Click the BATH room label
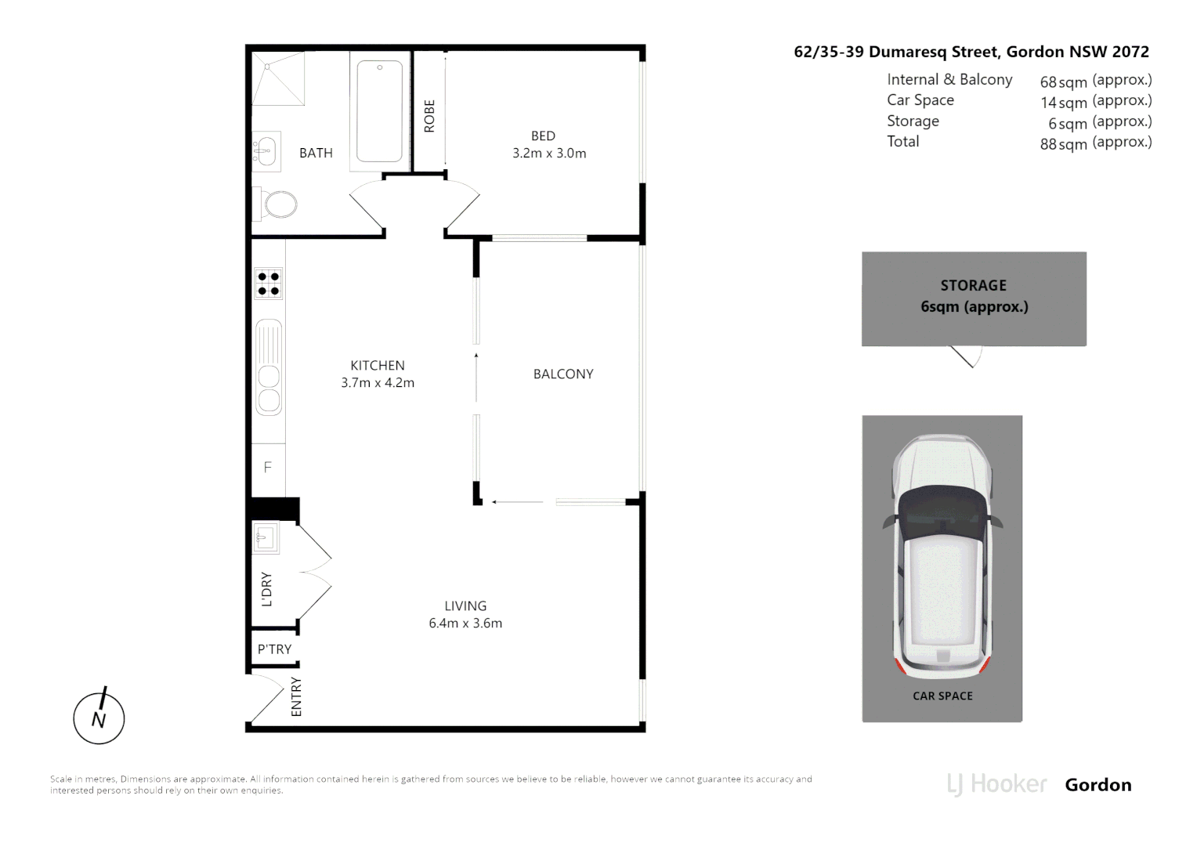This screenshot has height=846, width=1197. click(x=316, y=153)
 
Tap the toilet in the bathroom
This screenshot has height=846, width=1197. click(x=279, y=206)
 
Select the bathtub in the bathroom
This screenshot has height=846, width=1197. click(x=380, y=110)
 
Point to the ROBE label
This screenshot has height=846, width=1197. click(x=429, y=116)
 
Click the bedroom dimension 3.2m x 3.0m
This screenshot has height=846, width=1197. click(x=549, y=154)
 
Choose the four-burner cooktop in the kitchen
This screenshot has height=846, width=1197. click(x=268, y=284)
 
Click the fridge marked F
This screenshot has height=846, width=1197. click(x=268, y=468)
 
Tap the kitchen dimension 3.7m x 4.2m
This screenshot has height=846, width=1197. click(x=378, y=383)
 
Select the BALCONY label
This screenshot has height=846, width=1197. click(x=563, y=374)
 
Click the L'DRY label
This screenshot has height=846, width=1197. click(x=267, y=590)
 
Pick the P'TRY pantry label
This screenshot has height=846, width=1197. click(x=274, y=649)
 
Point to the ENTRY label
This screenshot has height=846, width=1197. click(x=296, y=696)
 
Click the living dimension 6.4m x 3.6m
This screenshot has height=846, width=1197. click(x=465, y=624)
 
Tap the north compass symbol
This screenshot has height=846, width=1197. click(x=99, y=718)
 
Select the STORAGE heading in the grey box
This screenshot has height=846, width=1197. click(x=973, y=286)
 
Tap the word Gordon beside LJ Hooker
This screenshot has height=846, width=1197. click(x=1098, y=785)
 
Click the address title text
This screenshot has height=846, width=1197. click(x=971, y=52)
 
